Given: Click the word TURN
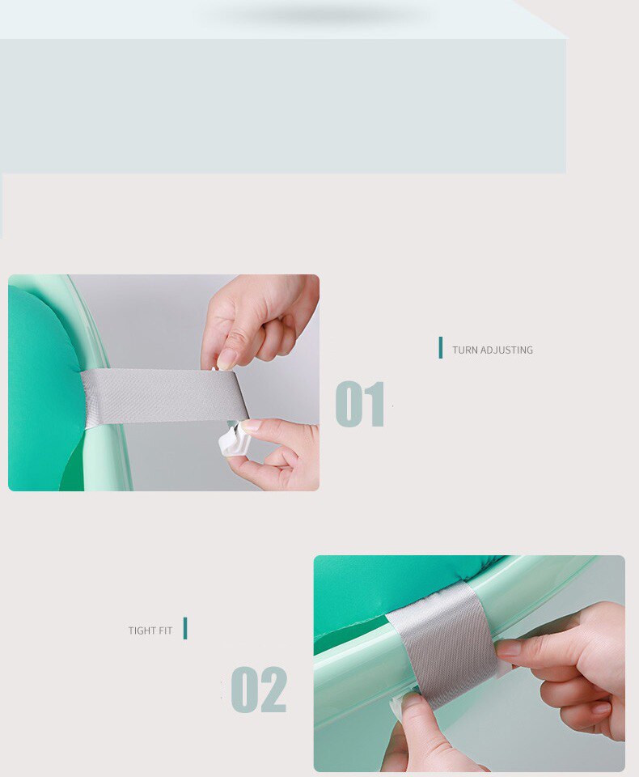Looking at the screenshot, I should click(464, 350).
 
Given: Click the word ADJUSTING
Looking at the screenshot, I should click(506, 350).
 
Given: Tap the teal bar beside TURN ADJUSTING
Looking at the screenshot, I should click(441, 348).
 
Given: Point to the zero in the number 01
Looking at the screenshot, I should click(349, 404).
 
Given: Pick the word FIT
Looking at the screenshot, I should click(165, 631).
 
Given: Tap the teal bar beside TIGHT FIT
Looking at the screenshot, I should click(185, 628).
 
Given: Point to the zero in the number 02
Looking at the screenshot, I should click(245, 690).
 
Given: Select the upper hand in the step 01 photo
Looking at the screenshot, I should click(259, 320).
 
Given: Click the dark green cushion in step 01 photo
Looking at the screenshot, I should click(40, 388).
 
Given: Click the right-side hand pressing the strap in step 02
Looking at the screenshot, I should click(574, 664).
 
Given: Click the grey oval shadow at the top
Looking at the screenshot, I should click(319, 15).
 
